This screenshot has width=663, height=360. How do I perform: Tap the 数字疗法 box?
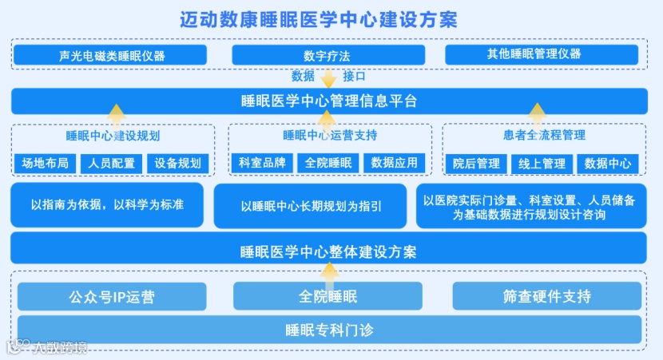pyautogui.click(x=327, y=55)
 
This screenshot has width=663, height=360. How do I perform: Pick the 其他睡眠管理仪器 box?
pyautogui.click(x=542, y=54)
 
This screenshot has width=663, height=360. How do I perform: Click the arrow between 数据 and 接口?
pyautogui.click(x=328, y=77)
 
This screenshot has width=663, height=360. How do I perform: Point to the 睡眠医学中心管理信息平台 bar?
pyautogui.click(x=328, y=101)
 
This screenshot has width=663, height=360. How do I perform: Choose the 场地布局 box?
pyautogui.click(x=46, y=164)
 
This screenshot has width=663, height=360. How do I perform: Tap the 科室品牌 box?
pyautogui.click(x=262, y=163)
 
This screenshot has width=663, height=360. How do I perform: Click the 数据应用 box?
pyautogui.click(x=395, y=163)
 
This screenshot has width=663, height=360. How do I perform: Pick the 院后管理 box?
pyautogui.click(x=475, y=164)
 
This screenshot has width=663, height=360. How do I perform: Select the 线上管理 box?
pyautogui.click(x=542, y=164)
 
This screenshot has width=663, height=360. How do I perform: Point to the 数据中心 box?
pyautogui.click(x=607, y=164)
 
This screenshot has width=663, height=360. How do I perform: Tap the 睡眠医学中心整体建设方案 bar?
pyautogui.click(x=328, y=251)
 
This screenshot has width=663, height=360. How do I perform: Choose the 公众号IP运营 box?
pyautogui.click(x=112, y=297)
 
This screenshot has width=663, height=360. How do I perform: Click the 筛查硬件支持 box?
pyautogui.click(x=546, y=297)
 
